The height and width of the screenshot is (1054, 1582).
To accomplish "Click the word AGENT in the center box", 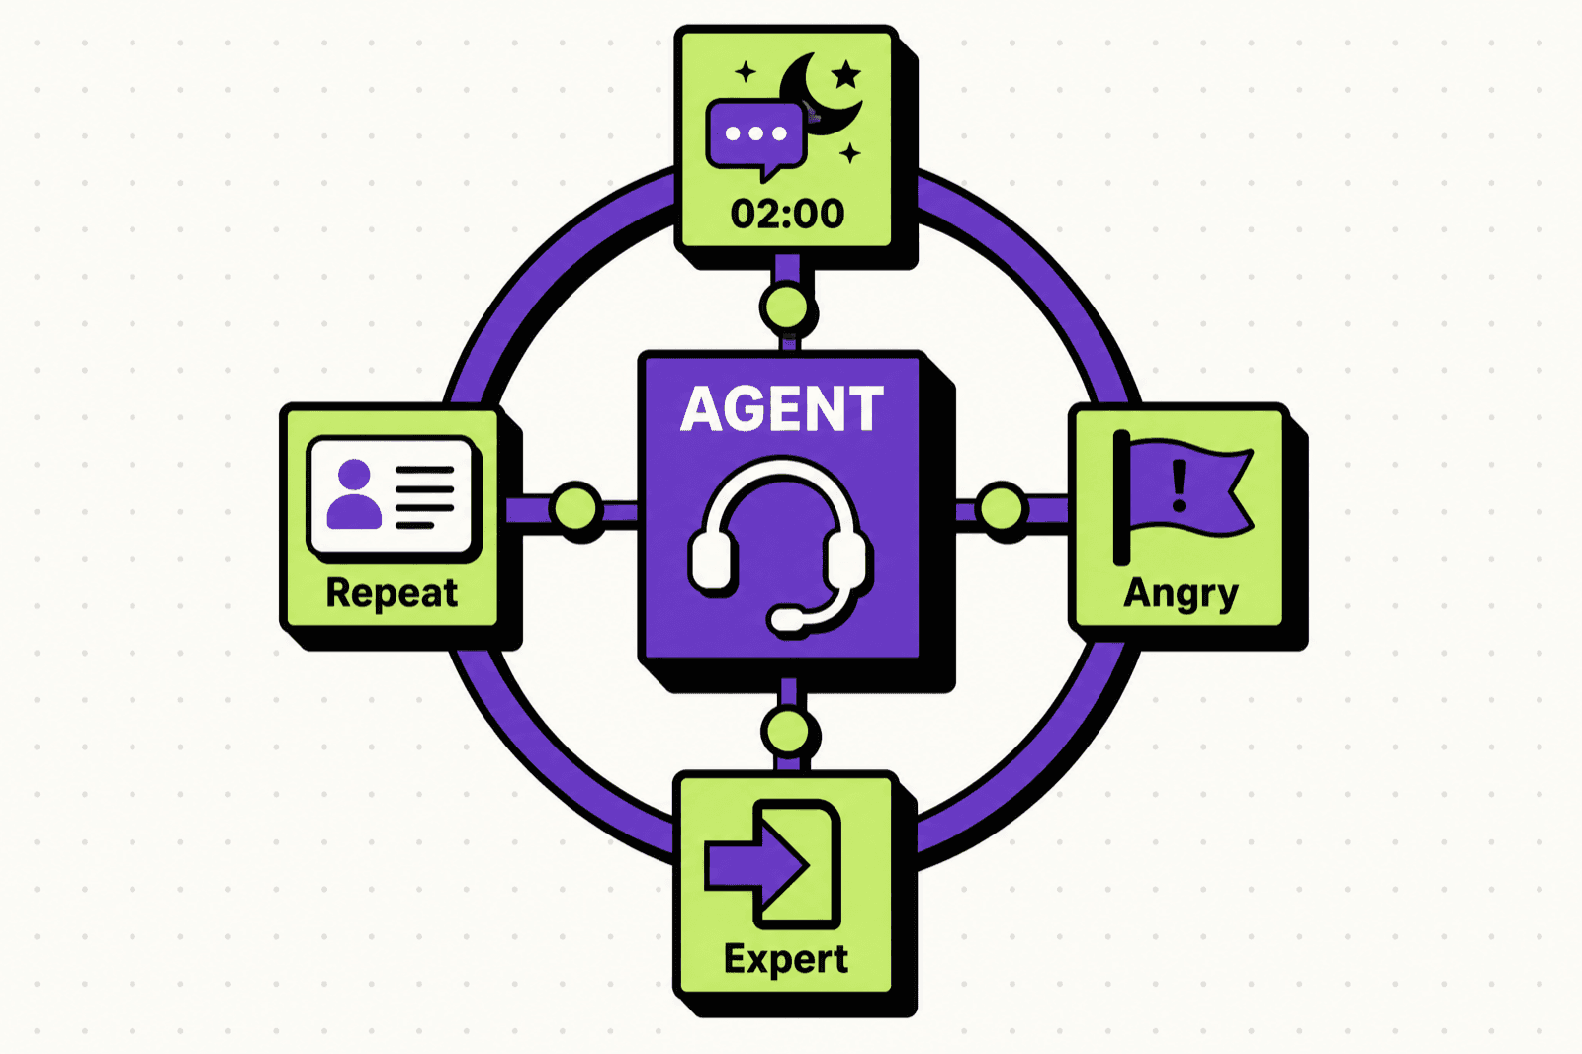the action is [x=781, y=408].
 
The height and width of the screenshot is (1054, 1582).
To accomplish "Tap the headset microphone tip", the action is [x=786, y=620].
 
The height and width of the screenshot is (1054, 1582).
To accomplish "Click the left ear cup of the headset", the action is [x=712, y=560].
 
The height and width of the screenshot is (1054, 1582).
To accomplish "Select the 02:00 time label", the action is [x=787, y=214].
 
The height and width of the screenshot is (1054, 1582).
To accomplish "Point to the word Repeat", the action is [x=392, y=593].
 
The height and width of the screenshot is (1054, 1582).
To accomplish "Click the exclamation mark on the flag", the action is [x=1178, y=485].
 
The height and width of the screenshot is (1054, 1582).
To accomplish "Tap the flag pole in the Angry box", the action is [x=1121, y=497].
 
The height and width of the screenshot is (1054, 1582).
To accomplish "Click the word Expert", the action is [x=785, y=960].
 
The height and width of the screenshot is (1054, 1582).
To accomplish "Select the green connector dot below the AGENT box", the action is [x=787, y=732].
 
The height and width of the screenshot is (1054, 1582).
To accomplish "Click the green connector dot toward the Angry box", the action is [x=1001, y=506].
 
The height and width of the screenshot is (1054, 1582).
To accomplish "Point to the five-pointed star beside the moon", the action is [x=845, y=74].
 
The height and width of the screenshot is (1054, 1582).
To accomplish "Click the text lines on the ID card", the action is [x=424, y=497].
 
